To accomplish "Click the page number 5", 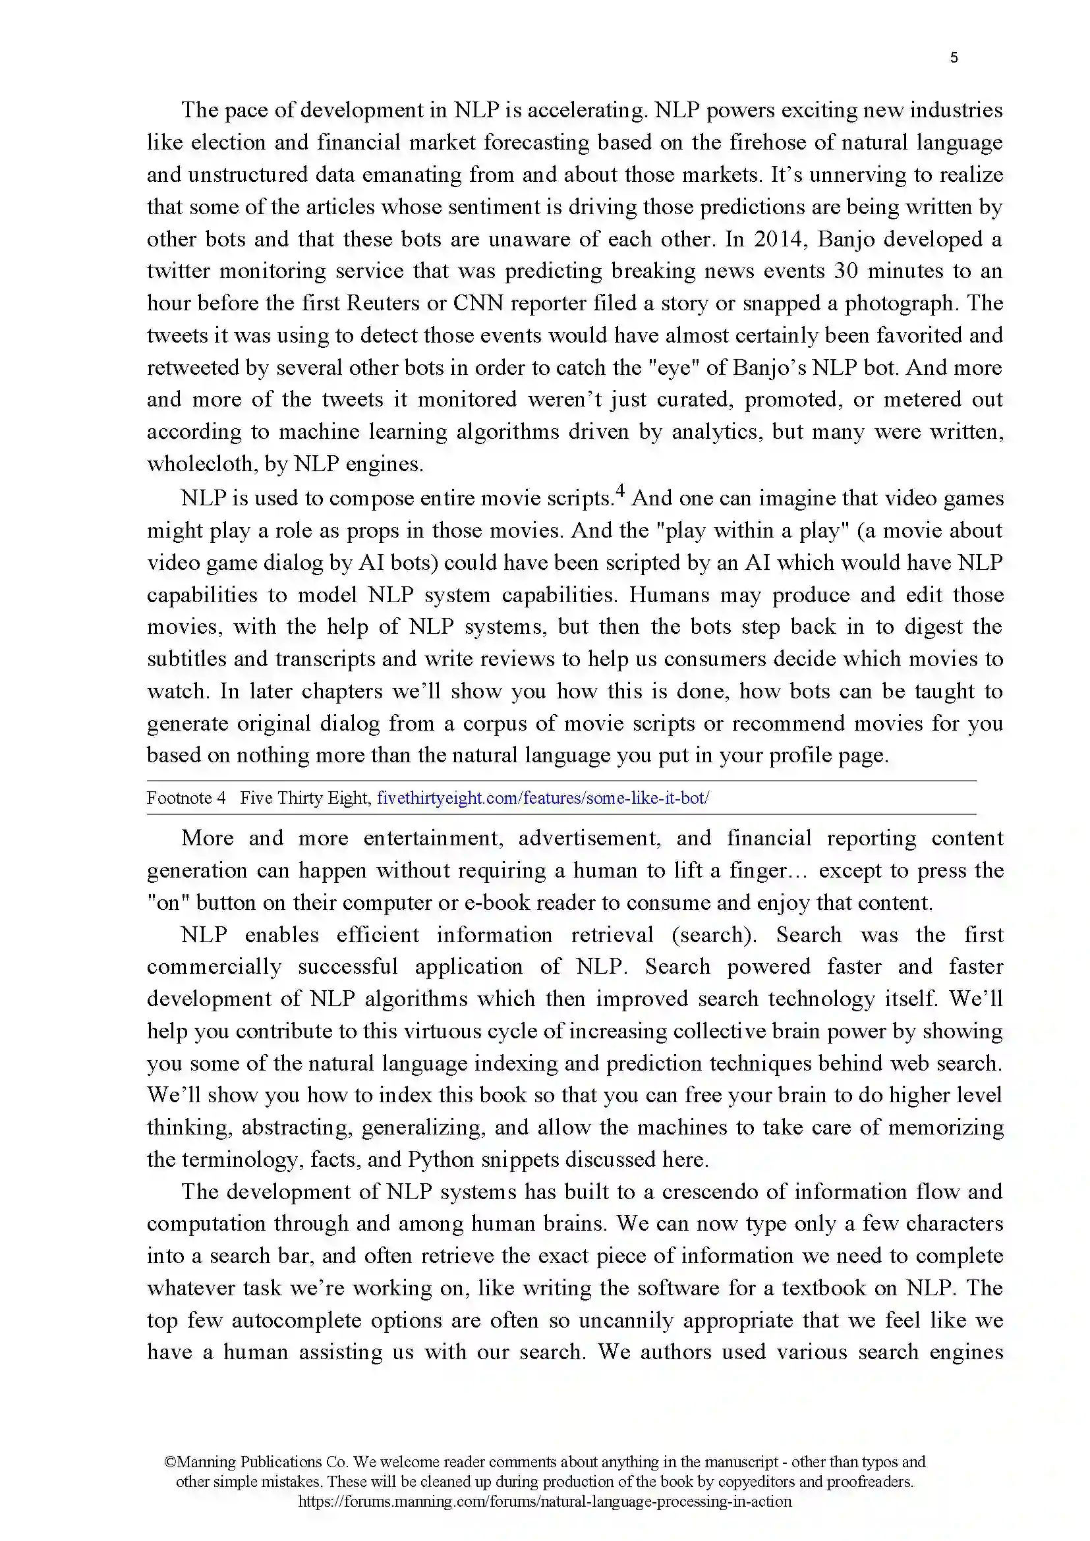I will point(954,58).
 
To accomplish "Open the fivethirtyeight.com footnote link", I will point(543,798).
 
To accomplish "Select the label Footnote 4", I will point(186,798).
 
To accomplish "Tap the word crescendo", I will point(710,1192).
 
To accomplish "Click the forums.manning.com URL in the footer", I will point(544,1501).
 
